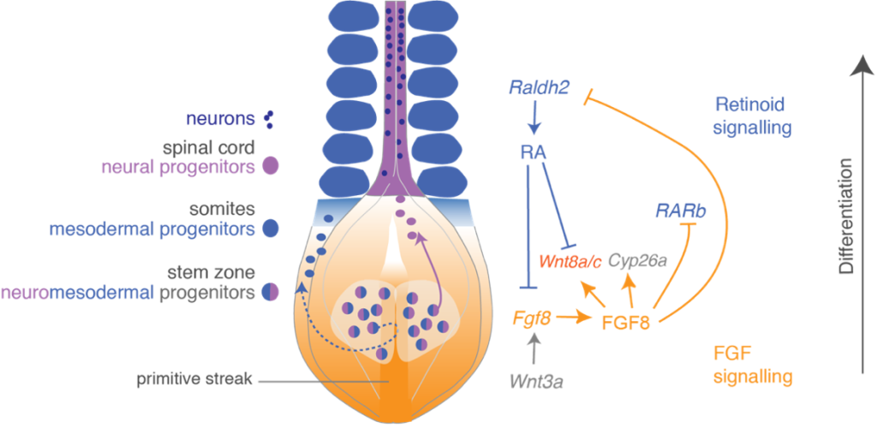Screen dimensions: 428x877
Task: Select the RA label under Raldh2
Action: point(534,152)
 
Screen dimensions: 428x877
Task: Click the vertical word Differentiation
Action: point(847,215)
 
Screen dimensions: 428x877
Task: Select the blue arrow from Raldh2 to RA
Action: point(534,117)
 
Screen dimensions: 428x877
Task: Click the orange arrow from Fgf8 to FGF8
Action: point(571,319)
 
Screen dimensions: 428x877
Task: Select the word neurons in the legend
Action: point(218,116)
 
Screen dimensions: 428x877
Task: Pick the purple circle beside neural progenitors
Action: point(271,166)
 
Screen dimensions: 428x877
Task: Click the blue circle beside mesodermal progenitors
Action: point(271,229)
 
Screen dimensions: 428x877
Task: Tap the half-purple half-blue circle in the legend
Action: point(271,293)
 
